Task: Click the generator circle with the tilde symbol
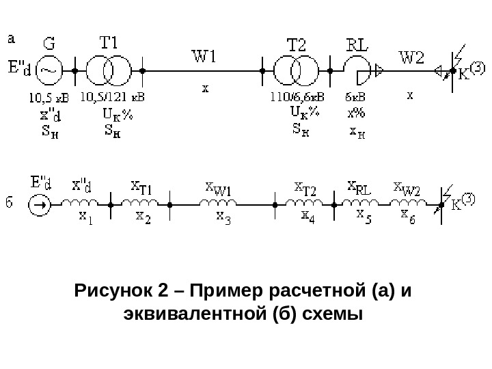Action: pyautogui.click(x=49, y=69)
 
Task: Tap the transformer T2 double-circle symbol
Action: pyautogui.click(x=295, y=69)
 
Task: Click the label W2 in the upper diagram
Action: pyautogui.click(x=411, y=57)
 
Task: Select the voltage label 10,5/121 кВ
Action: pyautogui.click(x=112, y=96)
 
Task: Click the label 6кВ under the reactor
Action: pyautogui.click(x=356, y=96)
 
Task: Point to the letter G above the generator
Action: pyautogui.click(x=50, y=44)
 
